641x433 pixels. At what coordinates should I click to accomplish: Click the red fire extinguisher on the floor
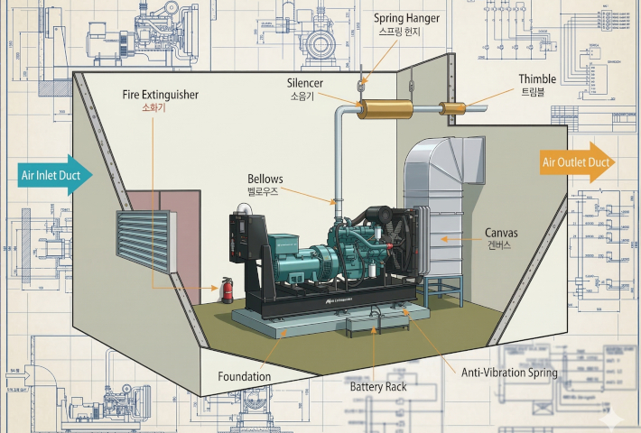point(227,291)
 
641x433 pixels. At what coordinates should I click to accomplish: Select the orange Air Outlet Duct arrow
point(578,163)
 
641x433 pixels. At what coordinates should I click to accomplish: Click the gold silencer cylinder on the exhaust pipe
point(385,109)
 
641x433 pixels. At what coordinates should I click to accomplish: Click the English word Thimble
point(537,79)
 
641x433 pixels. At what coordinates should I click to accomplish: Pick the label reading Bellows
point(265,179)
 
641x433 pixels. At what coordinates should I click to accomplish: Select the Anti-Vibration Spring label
point(509,372)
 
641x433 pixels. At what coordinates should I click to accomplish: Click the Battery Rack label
point(378,387)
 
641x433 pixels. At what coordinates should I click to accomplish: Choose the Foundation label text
point(244,376)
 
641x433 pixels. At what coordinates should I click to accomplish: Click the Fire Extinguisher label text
point(160,94)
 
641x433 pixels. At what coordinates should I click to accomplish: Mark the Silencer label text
point(305,83)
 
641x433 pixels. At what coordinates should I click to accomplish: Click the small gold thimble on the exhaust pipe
point(452,108)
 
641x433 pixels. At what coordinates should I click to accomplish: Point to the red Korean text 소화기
point(154,108)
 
